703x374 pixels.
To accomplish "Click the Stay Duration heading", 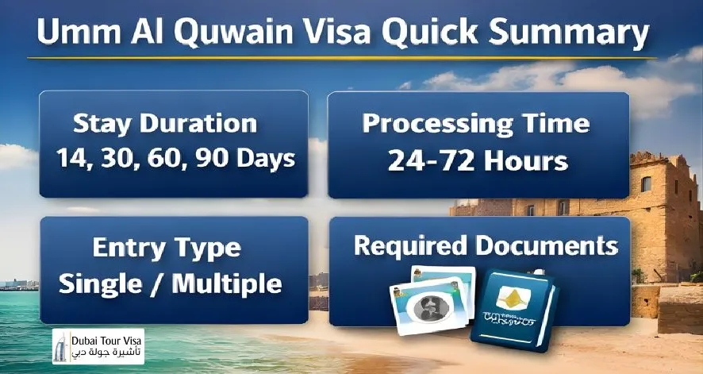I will tap(165, 124).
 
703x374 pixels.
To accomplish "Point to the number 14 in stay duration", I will tap(71, 157).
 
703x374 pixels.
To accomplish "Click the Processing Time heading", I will tap(476, 124).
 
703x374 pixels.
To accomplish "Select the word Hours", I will tap(526, 160).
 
